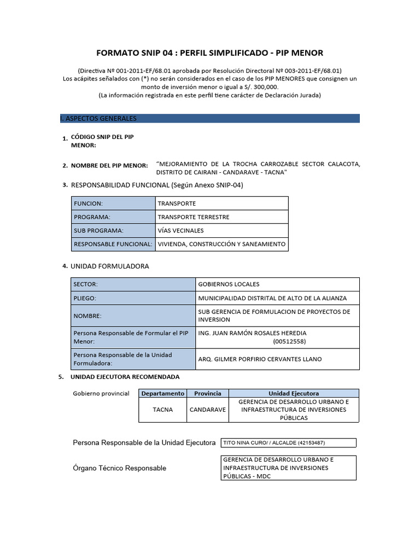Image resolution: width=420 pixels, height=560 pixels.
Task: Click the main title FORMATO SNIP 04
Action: click(x=209, y=53)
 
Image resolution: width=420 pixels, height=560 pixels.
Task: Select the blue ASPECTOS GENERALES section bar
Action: click(x=209, y=118)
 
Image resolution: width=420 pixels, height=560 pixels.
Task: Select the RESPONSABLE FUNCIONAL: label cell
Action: click(x=113, y=244)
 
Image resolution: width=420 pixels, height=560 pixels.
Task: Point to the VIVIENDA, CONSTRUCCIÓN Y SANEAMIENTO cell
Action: click(x=221, y=244)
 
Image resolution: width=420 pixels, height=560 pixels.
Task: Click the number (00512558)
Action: click(x=289, y=341)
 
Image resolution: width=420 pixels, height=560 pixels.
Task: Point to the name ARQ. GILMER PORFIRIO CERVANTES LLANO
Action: click(x=260, y=359)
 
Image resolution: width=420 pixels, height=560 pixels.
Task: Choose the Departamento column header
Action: click(x=162, y=393)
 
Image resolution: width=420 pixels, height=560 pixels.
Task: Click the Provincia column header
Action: click(x=207, y=393)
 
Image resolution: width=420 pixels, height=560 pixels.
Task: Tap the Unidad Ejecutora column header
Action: click(x=294, y=393)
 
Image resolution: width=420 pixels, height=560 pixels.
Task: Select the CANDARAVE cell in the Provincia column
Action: click(x=207, y=410)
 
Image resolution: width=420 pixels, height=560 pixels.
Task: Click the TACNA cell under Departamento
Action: click(x=162, y=410)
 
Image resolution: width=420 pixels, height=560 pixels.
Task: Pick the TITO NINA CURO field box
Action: click(x=288, y=442)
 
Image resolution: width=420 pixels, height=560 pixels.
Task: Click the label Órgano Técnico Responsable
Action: click(x=119, y=468)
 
